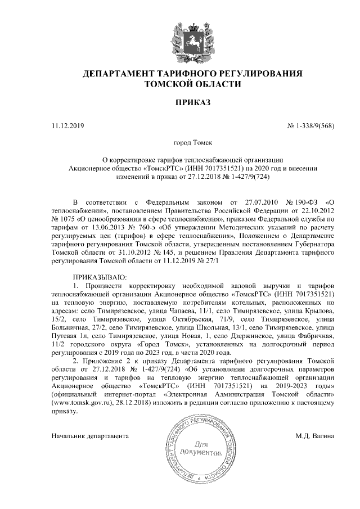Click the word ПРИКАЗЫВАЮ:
pyautogui.click(x=101, y=277)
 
